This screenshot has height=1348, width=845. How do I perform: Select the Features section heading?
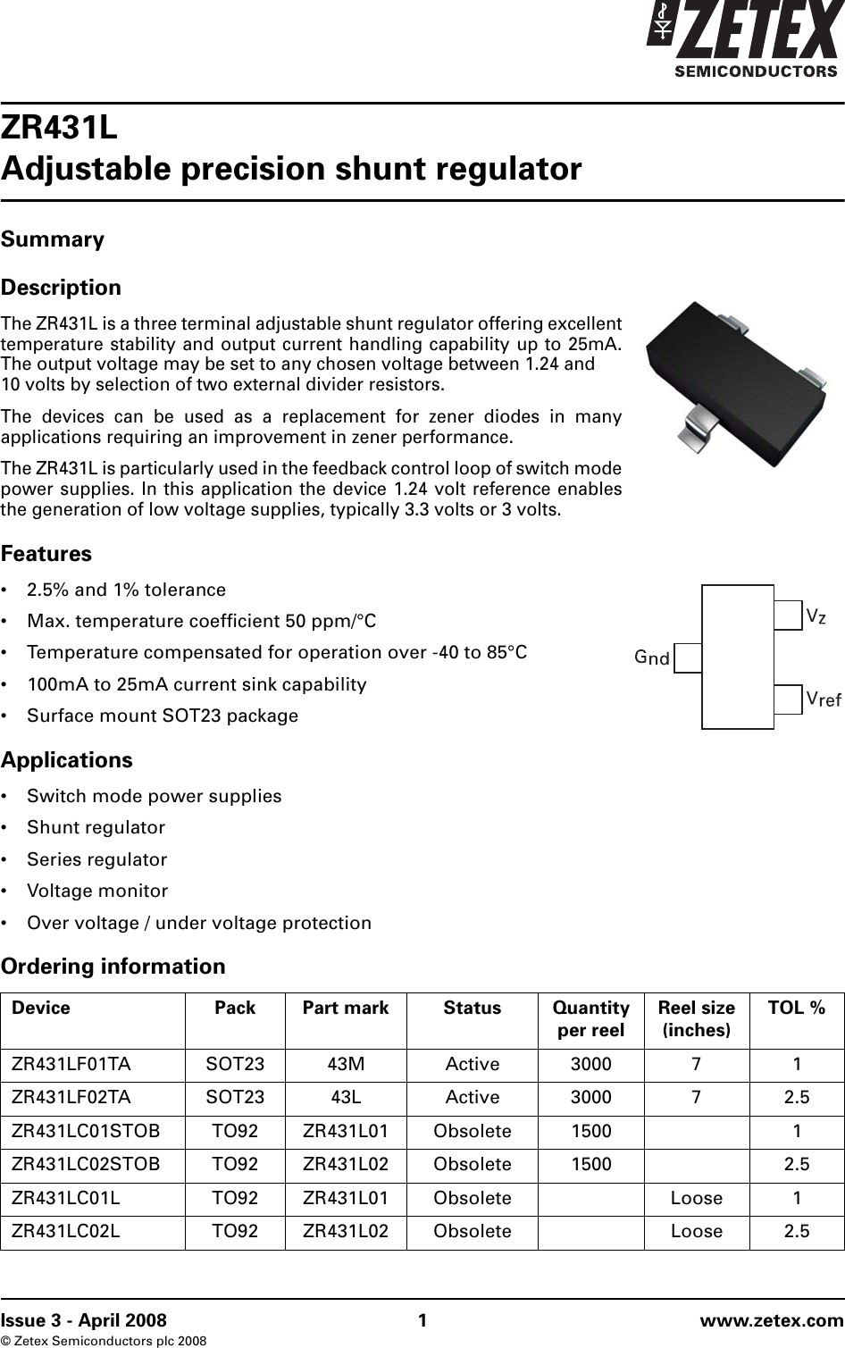coord(46,554)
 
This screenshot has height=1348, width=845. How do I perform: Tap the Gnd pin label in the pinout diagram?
coord(652,658)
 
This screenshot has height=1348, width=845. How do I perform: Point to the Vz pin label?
coord(816,616)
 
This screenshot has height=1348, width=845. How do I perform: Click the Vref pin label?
coord(823,699)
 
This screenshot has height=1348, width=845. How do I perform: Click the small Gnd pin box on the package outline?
coord(688,658)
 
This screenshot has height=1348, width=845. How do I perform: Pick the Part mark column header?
coord(346,1008)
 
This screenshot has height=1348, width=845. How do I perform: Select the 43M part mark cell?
coord(346,1065)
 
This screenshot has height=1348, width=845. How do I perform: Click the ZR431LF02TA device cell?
coord(71,1097)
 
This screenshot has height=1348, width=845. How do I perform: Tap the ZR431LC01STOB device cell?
coord(87,1130)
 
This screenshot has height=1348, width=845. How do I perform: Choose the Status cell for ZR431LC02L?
coord(473,1231)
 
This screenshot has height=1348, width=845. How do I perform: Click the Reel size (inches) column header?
coord(697,1018)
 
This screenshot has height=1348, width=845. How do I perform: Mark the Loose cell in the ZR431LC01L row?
coord(697,1198)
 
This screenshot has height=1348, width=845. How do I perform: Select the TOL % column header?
coord(797,1008)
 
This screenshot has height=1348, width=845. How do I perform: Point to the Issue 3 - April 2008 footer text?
coord(83,1320)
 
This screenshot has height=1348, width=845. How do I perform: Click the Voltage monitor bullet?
coord(97,891)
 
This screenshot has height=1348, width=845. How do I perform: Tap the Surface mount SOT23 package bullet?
coord(163,716)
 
